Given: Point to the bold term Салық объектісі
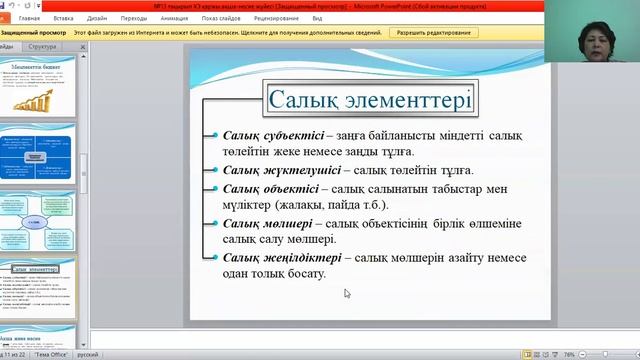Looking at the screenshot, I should pyautogui.click(x=271, y=188).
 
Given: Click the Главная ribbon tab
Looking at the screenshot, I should pyautogui.click(x=29, y=18).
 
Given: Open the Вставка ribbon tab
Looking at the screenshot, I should pyautogui.click(x=63, y=18).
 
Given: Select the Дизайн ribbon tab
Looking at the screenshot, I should pyautogui.click(x=97, y=18).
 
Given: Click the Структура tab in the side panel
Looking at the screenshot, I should pyautogui.click(x=42, y=47).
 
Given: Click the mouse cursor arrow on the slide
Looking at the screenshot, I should pyautogui.click(x=347, y=293).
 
